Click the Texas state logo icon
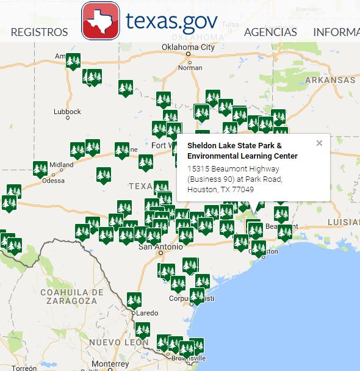click(101, 20)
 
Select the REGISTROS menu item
click(39, 32)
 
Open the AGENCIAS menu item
click(270, 32)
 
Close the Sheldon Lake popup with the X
click(319, 143)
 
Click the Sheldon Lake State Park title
click(235, 151)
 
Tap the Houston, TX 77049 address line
click(220, 190)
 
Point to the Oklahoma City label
click(189, 47)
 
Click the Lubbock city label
click(67, 112)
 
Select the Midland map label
click(62, 165)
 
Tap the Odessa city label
click(53, 180)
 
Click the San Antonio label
click(160, 247)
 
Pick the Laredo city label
click(146, 313)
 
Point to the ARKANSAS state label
click(330, 80)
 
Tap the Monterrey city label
click(107, 364)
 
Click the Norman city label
click(190, 68)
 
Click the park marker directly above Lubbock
click(92, 77)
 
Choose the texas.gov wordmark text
click(171, 21)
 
